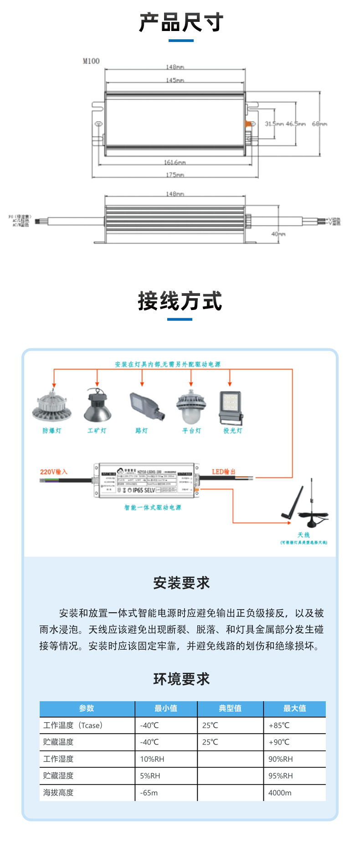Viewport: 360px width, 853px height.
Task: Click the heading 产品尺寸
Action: click(x=181, y=22)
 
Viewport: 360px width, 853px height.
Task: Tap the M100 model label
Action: click(x=91, y=61)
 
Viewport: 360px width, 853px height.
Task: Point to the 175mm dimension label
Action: click(x=175, y=175)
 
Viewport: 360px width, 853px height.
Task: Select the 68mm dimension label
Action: click(x=319, y=124)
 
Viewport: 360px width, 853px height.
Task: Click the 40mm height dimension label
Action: click(x=278, y=234)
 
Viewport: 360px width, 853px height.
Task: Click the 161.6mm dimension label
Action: click(x=175, y=162)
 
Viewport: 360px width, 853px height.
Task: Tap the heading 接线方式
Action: click(x=180, y=301)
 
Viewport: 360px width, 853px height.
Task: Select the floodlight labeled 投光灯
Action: click(x=231, y=407)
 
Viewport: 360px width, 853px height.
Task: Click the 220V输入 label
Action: click(x=53, y=472)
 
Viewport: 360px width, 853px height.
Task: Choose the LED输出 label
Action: click(x=223, y=472)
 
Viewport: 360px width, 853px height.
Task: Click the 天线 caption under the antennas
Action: click(x=303, y=535)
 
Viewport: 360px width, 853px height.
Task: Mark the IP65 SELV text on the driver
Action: click(x=144, y=490)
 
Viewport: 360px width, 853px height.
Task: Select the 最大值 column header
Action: click(x=294, y=708)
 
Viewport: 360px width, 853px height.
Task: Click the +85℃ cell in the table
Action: click(x=279, y=725)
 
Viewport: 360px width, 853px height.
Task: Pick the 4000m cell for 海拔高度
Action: click(x=280, y=792)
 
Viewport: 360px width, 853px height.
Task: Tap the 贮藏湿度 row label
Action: click(x=58, y=775)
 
